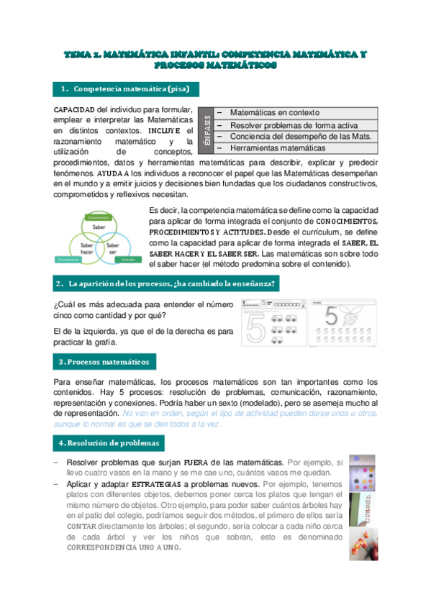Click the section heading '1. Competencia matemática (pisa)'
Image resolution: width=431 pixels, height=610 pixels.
coord(126,88)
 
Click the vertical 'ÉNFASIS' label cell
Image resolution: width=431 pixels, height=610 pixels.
coord(207,130)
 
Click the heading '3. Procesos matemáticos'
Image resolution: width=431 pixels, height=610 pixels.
coord(104,361)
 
